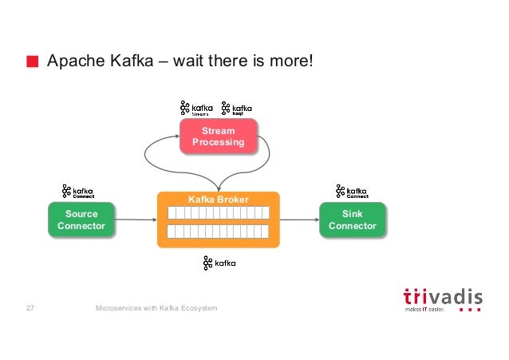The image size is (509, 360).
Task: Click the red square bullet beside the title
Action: pos(32,62)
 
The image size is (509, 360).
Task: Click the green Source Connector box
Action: pos(81,220)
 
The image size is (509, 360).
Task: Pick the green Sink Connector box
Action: pos(352,220)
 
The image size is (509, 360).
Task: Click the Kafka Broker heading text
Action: pos(218,199)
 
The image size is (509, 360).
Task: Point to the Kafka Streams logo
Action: pos(196,108)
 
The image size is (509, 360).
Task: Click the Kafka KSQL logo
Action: pos(238,108)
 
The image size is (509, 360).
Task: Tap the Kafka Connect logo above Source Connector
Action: pos(78,192)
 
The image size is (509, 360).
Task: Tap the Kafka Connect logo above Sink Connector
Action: pos(352,192)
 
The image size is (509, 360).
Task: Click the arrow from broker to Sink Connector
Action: pos(299,220)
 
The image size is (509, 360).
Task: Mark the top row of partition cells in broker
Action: pos(218,213)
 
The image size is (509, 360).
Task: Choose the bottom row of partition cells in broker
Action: pos(218,231)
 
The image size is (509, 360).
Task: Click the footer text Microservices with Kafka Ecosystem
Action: pos(156,308)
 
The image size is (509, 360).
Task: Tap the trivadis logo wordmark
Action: pos(442,297)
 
